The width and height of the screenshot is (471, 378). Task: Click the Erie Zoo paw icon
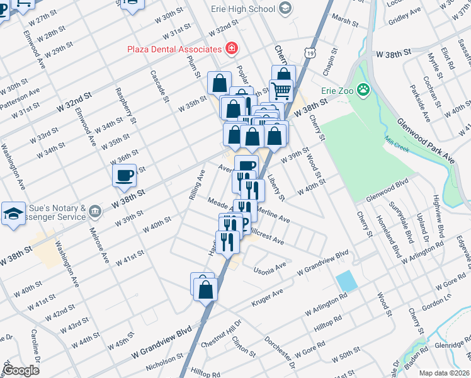tap(363, 90)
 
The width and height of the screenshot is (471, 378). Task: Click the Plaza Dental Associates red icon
tap(232, 48)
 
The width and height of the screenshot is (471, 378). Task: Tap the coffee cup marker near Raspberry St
tap(125, 175)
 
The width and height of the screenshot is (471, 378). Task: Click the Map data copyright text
tap(445, 373)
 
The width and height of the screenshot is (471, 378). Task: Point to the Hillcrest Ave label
tap(265, 237)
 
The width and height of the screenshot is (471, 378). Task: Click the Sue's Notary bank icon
tap(94, 210)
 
